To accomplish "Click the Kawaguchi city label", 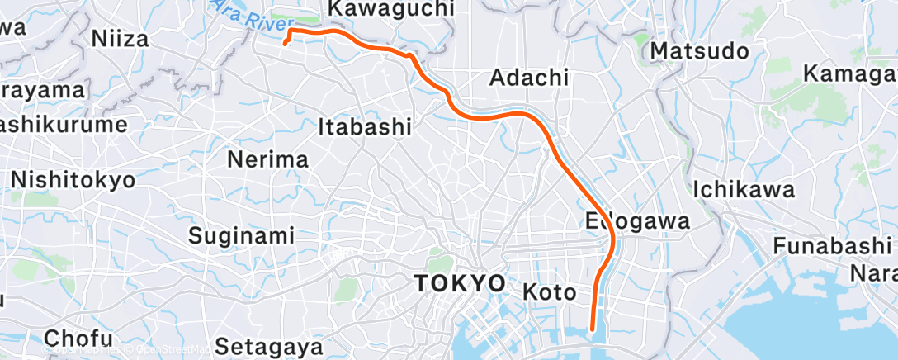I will click(x=391, y=9).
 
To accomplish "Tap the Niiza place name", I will click(x=120, y=38).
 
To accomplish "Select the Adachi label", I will click(x=529, y=78).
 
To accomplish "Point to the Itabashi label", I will click(x=365, y=126).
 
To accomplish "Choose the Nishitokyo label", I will click(x=73, y=179).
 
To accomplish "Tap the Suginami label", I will click(x=241, y=235).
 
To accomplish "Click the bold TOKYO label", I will click(x=459, y=283).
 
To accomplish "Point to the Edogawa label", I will click(x=638, y=221).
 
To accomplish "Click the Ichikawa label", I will click(x=744, y=189).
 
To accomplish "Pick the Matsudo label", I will click(x=700, y=51).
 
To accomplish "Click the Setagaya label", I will click(x=265, y=344).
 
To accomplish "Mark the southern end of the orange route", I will click(x=593, y=329).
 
